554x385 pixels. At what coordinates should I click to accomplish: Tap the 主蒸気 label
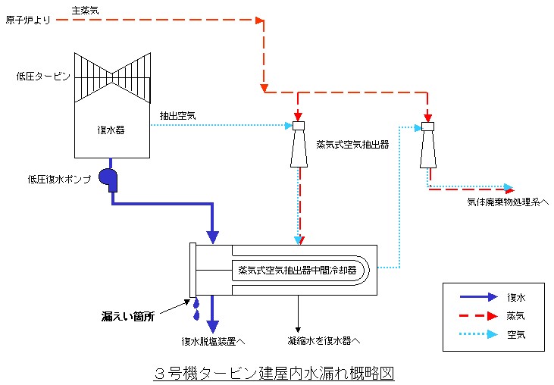[85, 10]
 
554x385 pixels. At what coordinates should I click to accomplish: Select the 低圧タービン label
[42, 77]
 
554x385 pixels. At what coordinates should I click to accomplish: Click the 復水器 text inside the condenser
[111, 130]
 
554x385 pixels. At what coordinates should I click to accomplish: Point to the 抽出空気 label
[177, 116]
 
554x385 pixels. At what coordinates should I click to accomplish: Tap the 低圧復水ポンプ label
[59, 179]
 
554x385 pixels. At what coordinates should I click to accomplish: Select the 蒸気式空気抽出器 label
[352, 144]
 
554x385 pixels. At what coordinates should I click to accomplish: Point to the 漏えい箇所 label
[128, 315]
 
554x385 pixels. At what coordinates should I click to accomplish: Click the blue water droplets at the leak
[196, 308]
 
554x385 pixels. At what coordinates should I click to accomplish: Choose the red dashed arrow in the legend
[474, 315]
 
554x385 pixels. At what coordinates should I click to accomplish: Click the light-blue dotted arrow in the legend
[474, 333]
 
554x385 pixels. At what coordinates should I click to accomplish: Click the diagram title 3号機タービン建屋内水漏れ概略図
[274, 373]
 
